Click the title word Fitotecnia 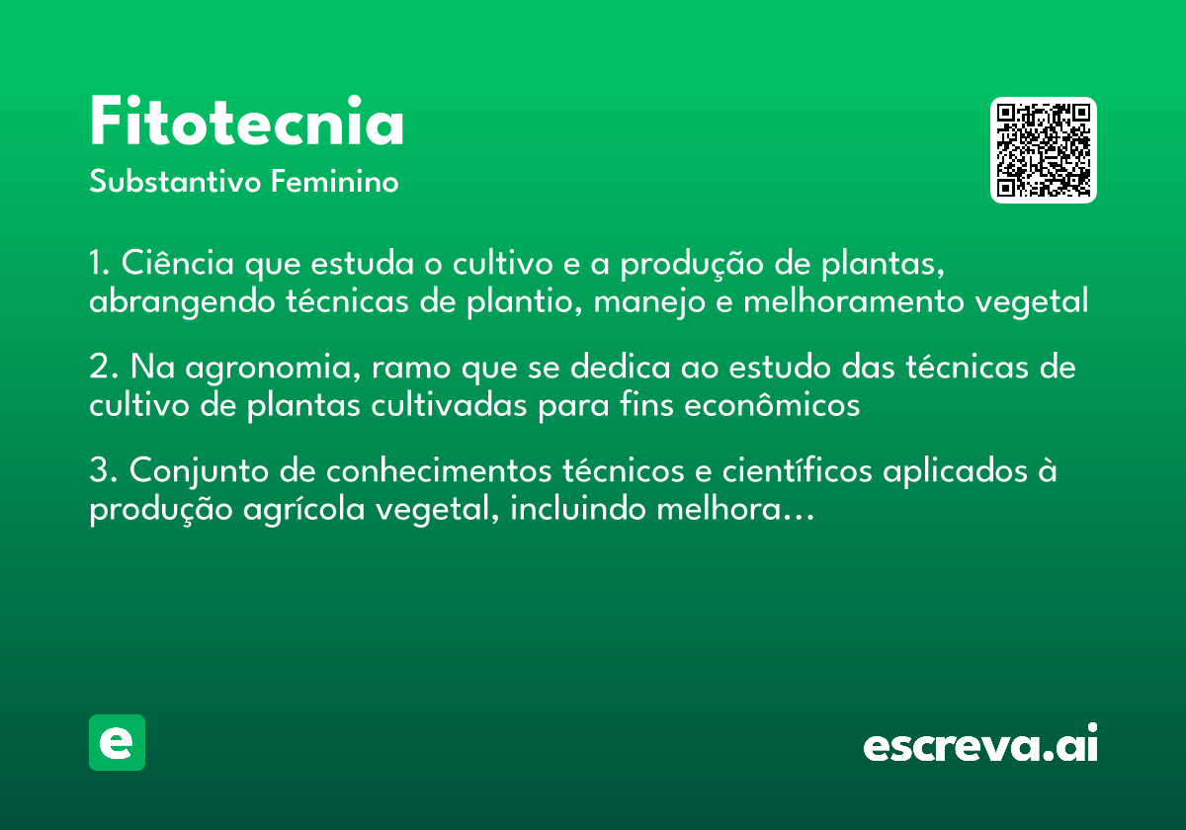[x=247, y=124]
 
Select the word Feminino [x=335, y=183]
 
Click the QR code [x=1044, y=150]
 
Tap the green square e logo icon [x=117, y=743]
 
